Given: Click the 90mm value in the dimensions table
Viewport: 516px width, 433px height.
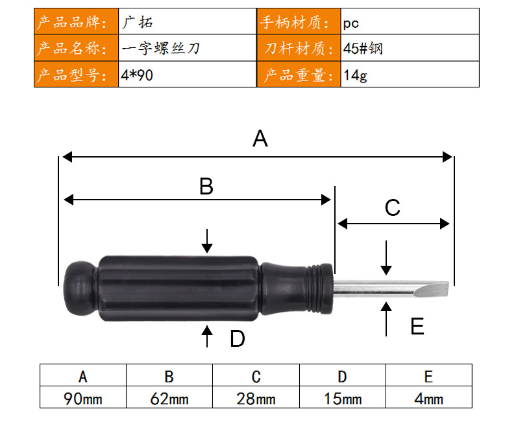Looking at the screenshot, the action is [83, 399].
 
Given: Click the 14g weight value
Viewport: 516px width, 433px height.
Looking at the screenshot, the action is [355, 75].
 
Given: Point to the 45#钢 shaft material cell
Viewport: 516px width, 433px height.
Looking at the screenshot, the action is [363, 49].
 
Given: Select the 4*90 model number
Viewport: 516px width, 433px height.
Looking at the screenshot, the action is [137, 75].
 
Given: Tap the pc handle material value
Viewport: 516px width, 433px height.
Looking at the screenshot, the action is [350, 23].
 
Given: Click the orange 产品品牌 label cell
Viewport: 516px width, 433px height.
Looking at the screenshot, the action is [77, 21].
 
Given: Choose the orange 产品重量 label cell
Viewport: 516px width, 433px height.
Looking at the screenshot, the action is [299, 75].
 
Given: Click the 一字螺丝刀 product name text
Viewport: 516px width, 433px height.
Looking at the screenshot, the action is [160, 49].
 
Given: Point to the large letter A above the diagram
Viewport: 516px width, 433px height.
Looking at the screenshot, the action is [260, 138].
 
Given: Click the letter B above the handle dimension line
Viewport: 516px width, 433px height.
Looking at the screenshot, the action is [206, 186].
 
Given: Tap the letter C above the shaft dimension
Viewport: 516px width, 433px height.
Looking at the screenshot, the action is [393, 207].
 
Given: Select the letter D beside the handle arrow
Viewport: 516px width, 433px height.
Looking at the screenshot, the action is [238, 338].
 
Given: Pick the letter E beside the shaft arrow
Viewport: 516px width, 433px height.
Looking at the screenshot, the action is [417, 326].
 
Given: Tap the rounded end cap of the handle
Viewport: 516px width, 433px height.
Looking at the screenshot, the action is [80, 288].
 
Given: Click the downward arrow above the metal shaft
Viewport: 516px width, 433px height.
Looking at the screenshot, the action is [386, 257].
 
